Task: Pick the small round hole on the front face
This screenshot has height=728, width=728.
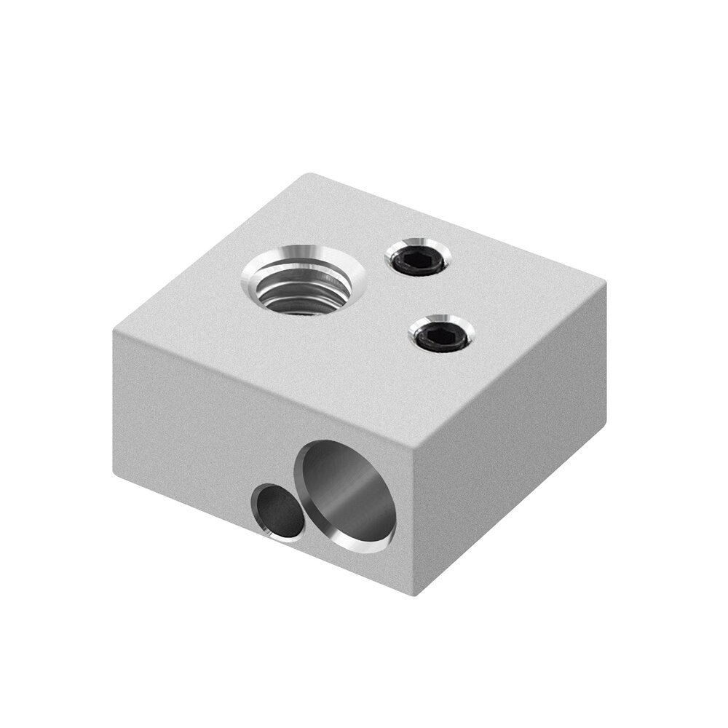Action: point(278,512)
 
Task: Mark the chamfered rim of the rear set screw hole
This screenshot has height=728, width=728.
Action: point(437,251)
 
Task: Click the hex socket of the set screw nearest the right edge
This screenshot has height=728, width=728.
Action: point(441,335)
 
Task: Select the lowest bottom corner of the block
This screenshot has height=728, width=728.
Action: point(416,593)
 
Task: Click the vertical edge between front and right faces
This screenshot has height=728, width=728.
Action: point(416,521)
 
